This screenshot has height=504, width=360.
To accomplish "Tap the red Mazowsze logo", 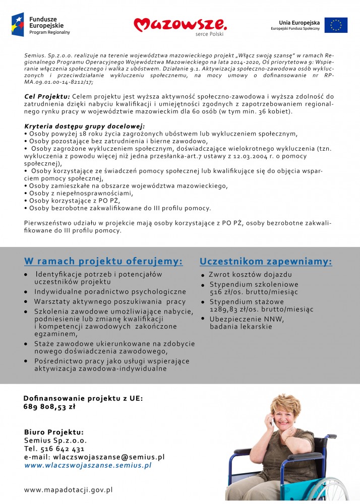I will coord(180,24).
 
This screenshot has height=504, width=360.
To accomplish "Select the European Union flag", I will coord(336,25).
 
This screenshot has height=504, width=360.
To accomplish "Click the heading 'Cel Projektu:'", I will coord(47,96).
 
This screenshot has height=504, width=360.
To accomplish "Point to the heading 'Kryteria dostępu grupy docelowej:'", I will coord(85,125).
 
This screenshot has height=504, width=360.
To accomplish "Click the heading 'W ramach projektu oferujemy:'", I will coord(103,261).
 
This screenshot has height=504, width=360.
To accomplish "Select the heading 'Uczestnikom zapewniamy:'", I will coord(266,261).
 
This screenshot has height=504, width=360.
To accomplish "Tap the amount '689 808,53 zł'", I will coord(49,407).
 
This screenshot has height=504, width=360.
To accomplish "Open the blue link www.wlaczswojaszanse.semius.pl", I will coord(88,466).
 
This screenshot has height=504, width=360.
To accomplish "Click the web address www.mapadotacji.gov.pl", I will coord(68,489).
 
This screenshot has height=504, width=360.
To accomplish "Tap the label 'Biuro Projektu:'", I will coord(54,432).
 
